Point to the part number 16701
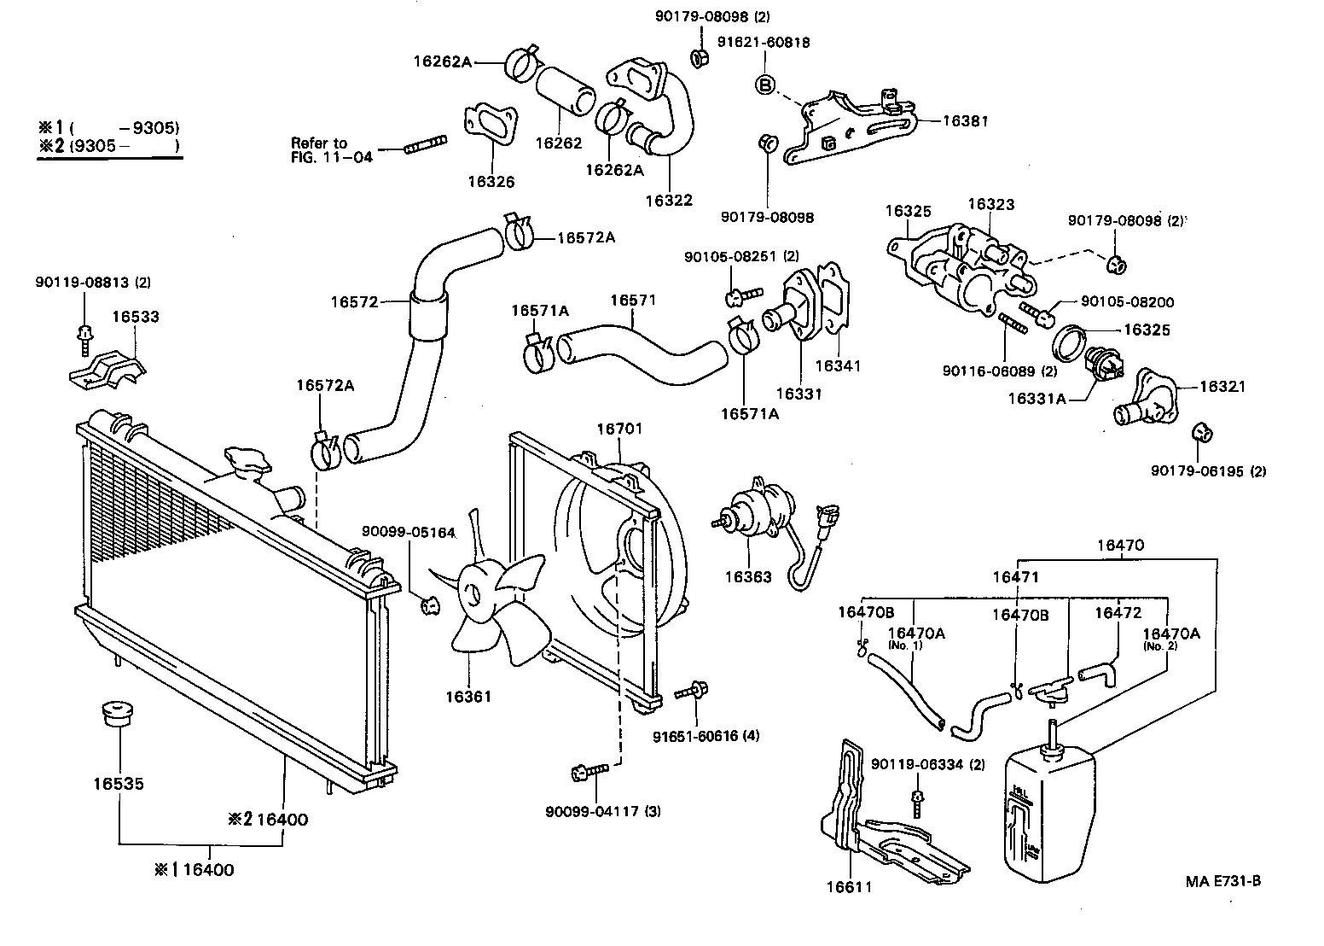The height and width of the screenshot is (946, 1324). pyautogui.click(x=619, y=429)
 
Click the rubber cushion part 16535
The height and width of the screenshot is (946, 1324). pyautogui.click(x=118, y=715)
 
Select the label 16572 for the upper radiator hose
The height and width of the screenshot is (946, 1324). pyautogui.click(x=353, y=301)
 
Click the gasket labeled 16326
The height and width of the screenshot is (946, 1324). pyautogui.click(x=491, y=129)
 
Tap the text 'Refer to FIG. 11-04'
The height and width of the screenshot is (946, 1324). pyautogui.click(x=332, y=150)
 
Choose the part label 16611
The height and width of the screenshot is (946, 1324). pyautogui.click(x=849, y=887)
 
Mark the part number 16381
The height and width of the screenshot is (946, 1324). pyautogui.click(x=965, y=121)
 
